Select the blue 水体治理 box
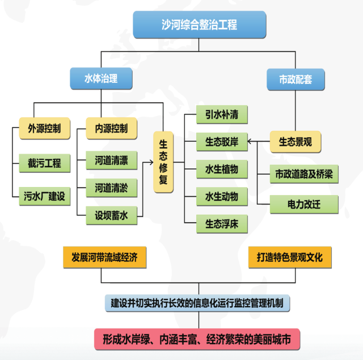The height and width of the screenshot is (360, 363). click(101, 79)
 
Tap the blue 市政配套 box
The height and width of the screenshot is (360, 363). click(296, 79)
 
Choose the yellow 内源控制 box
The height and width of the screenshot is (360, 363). click(111, 127)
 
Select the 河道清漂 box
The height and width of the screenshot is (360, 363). click(111, 160)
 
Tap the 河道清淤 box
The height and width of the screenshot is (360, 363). click(111, 187)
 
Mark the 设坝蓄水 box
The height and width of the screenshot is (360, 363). click(111, 214)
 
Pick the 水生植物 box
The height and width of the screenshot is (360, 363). click(222, 169)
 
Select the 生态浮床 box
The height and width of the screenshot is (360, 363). click(222, 223)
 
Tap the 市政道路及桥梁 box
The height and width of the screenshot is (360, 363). click(303, 174)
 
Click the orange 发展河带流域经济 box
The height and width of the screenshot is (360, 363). click(104, 257)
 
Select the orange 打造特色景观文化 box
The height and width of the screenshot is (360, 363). click(289, 257)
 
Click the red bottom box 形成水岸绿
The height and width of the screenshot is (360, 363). click(197, 340)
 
